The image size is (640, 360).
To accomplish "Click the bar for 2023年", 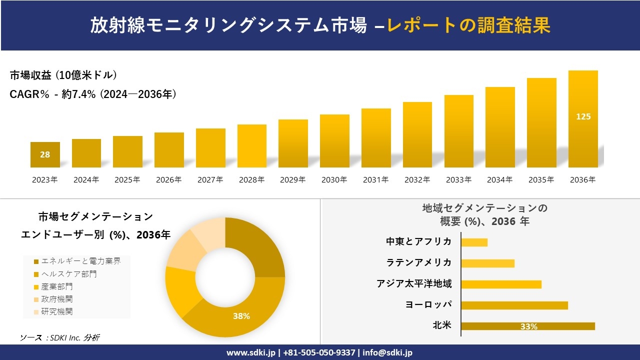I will tap(45, 154).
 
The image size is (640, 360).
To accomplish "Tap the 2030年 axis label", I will tap(334, 180).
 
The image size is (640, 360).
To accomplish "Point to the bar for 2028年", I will tap(252, 146).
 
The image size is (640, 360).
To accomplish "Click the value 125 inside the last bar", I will tap(583, 116).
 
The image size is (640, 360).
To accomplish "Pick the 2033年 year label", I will tap(458, 180).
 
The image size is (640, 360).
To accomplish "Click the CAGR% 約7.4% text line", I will tap(93, 94).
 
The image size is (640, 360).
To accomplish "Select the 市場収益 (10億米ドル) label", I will tap(63, 75).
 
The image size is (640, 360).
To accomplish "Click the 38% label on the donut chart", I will tap(241, 316).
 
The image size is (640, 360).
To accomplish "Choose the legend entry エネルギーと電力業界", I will tap(80, 261).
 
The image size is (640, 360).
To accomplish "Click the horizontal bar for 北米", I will tap(528, 326).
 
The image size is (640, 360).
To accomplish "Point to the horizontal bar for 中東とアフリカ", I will tap(474, 242).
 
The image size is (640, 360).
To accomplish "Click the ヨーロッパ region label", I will tap(428, 305).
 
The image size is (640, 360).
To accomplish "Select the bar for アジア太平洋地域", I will tap(501, 284).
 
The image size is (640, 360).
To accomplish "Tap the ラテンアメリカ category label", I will tap(419, 263).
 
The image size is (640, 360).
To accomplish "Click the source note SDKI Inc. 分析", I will tap(60, 337).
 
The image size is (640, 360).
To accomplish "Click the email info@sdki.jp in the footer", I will tap(388, 352).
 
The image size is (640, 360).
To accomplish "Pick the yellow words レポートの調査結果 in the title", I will tap(468, 25).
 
